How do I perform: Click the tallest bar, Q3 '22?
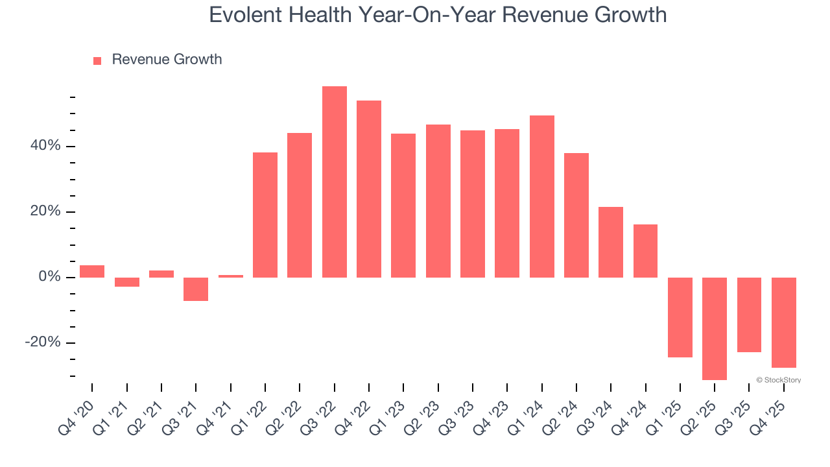click(x=334, y=182)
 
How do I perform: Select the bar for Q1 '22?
click(x=265, y=215)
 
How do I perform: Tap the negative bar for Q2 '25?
click(x=715, y=328)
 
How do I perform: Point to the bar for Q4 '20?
click(x=92, y=271)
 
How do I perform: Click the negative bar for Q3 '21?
click(x=196, y=289)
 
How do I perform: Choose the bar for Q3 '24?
click(x=611, y=242)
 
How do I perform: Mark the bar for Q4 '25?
click(x=783, y=322)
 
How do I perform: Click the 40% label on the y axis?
click(x=45, y=146)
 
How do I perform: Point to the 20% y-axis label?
click(x=45, y=211)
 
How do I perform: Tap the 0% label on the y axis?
click(x=49, y=277)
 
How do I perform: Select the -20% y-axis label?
click(x=43, y=342)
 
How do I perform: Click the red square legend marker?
click(x=97, y=60)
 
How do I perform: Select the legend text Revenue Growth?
click(x=167, y=60)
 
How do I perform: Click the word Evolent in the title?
click(x=244, y=14)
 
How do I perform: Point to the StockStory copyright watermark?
click(x=778, y=380)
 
